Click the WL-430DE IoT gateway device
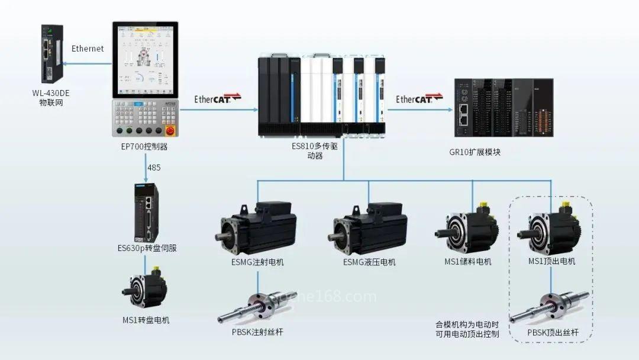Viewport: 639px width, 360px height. tap(51, 54)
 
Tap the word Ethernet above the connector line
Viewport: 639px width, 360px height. tap(88, 49)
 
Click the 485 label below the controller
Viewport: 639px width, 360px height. tap(154, 168)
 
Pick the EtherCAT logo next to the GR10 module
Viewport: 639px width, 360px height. tap(419, 98)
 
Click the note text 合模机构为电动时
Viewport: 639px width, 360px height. tap(467, 324)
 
